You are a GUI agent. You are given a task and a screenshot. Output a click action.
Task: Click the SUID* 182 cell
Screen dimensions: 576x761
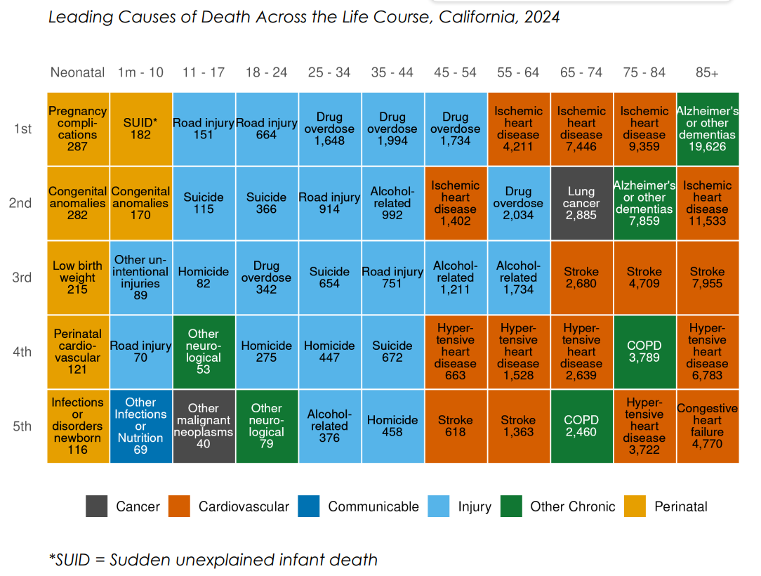point(140,129)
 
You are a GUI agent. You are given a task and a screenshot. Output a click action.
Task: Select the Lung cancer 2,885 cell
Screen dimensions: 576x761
point(581,203)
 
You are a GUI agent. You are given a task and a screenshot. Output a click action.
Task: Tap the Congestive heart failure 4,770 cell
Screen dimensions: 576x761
point(707,426)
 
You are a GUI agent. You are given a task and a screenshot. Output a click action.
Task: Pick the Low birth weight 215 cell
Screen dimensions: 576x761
point(78,277)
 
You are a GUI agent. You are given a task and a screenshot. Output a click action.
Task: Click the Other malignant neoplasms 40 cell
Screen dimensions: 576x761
point(204,426)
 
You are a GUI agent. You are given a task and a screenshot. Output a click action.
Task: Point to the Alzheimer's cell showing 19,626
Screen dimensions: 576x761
point(707,129)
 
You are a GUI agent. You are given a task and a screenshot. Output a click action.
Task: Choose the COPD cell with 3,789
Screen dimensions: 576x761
point(644,352)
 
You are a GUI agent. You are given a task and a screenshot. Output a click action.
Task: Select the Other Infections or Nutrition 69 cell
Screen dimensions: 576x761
point(140,426)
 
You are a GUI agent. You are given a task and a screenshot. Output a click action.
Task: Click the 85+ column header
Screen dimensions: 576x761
point(707,72)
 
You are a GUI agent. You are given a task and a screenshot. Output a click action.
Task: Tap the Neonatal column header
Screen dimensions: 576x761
point(78,72)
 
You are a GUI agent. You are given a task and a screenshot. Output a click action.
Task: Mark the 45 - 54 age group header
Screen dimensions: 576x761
point(455,72)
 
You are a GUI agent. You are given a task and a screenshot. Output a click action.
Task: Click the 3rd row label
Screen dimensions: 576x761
point(22,277)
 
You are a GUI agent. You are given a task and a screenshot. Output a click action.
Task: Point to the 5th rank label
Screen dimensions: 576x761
point(22,426)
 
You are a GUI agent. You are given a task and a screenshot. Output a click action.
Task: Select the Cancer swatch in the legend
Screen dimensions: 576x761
point(96,506)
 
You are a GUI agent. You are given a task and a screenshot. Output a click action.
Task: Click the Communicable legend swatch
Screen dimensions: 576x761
point(308,506)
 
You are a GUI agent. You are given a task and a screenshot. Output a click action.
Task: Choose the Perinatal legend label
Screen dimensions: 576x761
point(680,506)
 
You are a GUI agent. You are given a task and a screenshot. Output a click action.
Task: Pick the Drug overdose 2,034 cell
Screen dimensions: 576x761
point(518,203)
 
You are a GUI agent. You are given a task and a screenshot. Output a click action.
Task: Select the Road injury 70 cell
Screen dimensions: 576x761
point(140,352)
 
